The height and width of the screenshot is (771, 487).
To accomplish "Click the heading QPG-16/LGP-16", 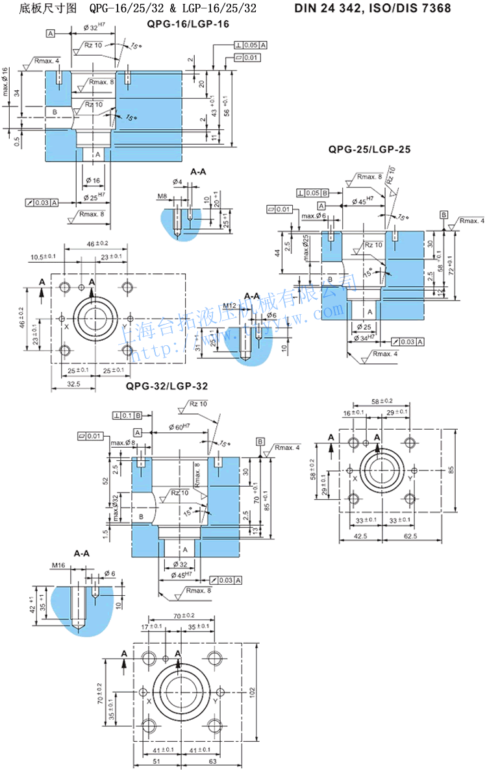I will pos(188,24).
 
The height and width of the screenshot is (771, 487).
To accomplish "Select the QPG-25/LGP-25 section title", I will pos(369,149).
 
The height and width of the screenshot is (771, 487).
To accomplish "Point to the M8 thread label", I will pos(162,195).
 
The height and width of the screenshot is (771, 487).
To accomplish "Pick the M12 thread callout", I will pos(229,305).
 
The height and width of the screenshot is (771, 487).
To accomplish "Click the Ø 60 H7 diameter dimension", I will pos(179,426).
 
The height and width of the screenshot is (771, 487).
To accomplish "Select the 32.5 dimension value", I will pos(73,384).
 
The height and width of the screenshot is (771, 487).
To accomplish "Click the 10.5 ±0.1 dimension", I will pos(44,258).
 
